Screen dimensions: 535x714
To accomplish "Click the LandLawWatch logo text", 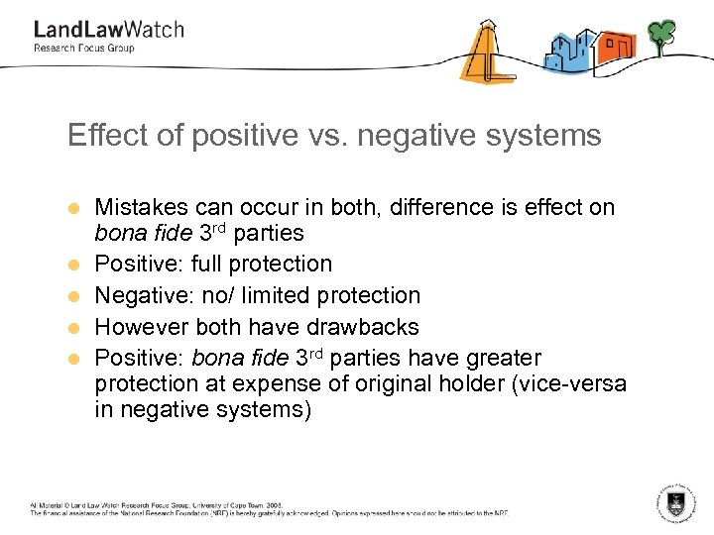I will coord(108,29).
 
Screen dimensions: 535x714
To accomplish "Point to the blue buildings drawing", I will coord(568,52).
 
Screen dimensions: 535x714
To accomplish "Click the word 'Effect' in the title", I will coord(97,135).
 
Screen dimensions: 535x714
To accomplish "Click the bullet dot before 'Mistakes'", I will coord(72,209).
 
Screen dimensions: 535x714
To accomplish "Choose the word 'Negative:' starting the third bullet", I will coord(140,295).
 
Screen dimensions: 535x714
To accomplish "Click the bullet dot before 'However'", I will coord(72,328).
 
